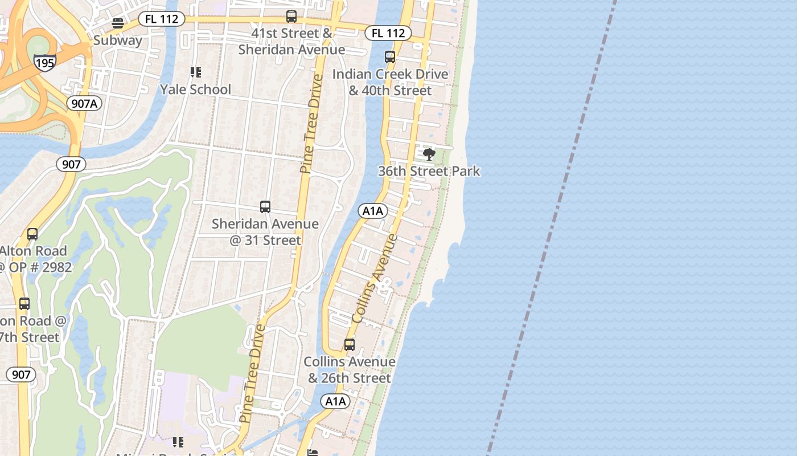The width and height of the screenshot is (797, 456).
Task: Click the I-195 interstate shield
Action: click(44, 62)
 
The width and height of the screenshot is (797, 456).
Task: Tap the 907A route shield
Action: click(84, 103)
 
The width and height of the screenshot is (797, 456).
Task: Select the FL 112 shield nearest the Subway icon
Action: click(162, 19)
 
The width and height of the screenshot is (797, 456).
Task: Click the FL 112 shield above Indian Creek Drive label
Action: click(388, 33)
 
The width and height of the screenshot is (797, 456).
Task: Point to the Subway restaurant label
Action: click(118, 40)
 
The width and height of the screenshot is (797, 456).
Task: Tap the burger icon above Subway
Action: click(118, 23)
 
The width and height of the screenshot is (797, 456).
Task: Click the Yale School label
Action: click(195, 89)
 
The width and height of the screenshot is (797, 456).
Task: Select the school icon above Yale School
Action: click(195, 72)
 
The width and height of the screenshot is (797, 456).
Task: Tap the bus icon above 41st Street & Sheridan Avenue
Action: click(291, 17)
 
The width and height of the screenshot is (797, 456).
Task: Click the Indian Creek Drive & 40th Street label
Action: click(390, 82)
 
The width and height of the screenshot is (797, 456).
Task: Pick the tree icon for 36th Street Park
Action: click(429, 154)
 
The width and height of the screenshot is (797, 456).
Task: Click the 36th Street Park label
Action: click(429, 171)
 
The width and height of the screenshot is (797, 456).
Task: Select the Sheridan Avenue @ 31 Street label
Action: click(265, 232)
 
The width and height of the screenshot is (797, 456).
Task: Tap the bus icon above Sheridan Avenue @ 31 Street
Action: click(265, 207)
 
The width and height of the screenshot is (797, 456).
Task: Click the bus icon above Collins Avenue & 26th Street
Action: click(350, 345)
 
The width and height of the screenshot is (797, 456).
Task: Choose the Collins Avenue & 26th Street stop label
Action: click(350, 370)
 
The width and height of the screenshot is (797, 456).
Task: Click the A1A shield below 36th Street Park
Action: click(373, 211)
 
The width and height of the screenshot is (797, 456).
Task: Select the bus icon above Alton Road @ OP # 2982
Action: click(32, 234)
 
